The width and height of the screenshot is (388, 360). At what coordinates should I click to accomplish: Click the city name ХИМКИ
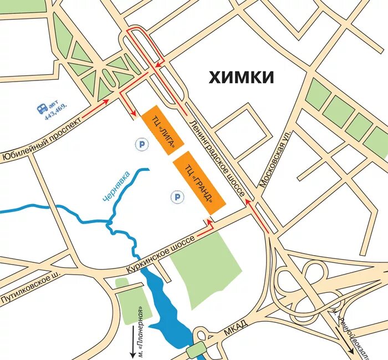point(241,77)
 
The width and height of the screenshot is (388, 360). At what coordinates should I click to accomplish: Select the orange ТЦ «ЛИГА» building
point(162,129)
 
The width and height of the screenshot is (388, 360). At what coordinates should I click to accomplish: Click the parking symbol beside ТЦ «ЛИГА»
point(142,144)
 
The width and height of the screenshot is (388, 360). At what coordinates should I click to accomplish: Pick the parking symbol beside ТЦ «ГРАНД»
point(177,196)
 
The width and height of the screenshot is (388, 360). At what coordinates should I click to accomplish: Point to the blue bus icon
point(43,109)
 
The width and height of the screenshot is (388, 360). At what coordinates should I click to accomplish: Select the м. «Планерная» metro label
point(141,331)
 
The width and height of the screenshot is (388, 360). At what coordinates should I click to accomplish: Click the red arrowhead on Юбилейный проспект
point(106,102)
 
